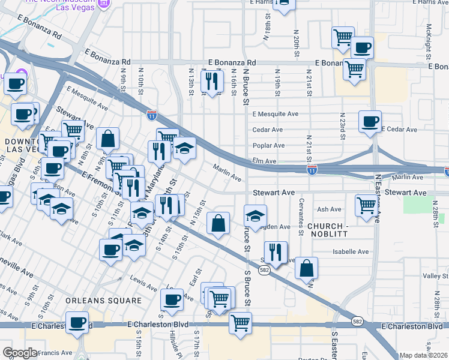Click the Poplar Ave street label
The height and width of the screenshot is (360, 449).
pos(268,146)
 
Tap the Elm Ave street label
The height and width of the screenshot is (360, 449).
pos(264,161)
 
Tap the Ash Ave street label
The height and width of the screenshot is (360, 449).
pos(329,209)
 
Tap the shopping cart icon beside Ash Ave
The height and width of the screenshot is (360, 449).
pos(366,205)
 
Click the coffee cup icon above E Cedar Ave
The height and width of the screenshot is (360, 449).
pos(370,121)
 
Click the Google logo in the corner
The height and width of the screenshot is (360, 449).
pos(20,353)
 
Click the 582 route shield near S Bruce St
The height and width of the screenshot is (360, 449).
pos(264,271)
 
